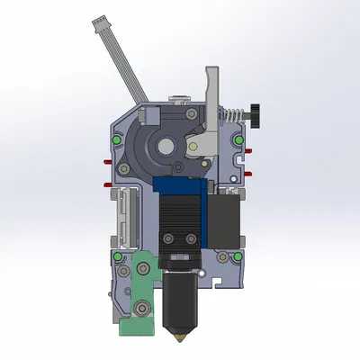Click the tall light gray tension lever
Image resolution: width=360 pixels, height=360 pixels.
coord(212,99)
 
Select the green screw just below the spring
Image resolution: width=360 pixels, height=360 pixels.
coord(236,140)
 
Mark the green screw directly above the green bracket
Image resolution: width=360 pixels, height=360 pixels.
coord(119,256)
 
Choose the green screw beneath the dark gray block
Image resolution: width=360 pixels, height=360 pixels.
coord(237,256)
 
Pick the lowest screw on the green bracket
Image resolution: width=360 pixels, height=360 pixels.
coord(141,311)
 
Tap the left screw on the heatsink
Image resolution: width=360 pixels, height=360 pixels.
coord(170,238)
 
